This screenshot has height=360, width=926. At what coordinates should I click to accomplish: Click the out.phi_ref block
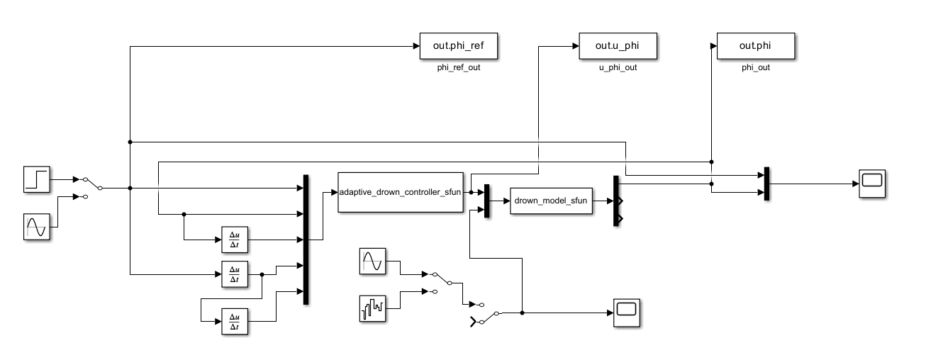pyautogui.click(x=459, y=46)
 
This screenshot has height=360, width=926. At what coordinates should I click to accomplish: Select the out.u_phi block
pyautogui.click(x=618, y=46)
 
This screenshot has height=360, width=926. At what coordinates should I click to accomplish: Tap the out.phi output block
pyautogui.click(x=755, y=46)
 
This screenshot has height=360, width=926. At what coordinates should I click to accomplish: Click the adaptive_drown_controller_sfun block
pyautogui.click(x=401, y=192)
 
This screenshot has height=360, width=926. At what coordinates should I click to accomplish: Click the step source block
pyautogui.click(x=36, y=179)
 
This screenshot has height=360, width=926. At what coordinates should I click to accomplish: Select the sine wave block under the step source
pyautogui.click(x=36, y=227)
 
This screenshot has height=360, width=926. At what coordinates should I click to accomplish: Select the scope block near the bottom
pyautogui.click(x=627, y=312)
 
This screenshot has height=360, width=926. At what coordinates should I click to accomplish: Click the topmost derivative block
pyautogui.click(x=232, y=240)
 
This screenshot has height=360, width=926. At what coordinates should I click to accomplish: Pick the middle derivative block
pyautogui.click(x=232, y=274)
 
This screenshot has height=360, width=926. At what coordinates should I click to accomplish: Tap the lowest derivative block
pyautogui.click(x=232, y=321)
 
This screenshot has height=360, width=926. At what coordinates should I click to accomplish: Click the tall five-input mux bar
pyautogui.click(x=306, y=240)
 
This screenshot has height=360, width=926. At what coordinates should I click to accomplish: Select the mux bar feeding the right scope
pyautogui.click(x=767, y=184)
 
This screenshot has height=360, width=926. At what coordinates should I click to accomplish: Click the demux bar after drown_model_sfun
pyautogui.click(x=616, y=201)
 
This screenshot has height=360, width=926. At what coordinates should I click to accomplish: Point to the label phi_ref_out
pyautogui.click(x=459, y=68)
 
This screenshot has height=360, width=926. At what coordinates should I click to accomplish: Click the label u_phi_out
pyautogui.click(x=618, y=68)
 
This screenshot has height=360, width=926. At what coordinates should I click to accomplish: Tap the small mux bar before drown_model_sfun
pyautogui.click(x=486, y=201)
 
